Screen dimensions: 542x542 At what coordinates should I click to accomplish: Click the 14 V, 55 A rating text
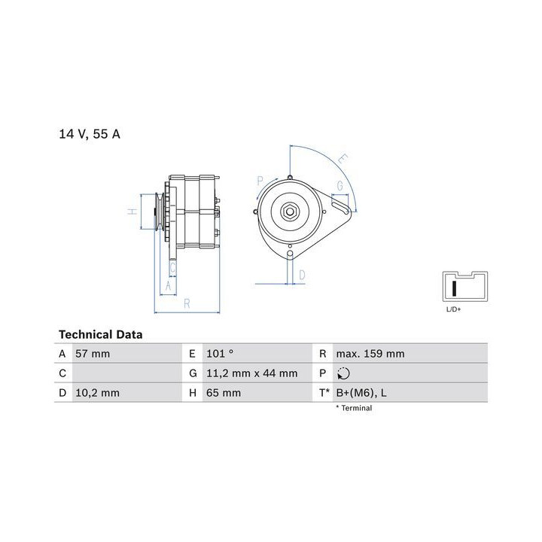tap(90, 134)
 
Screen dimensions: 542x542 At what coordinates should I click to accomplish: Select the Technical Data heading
tap(101, 334)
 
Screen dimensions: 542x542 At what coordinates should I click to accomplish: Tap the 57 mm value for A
tap(93, 354)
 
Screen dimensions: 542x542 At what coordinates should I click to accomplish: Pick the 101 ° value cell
tap(220, 354)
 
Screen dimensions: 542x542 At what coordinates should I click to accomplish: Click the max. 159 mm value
tap(370, 354)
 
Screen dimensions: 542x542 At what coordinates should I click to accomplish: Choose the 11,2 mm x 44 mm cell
tap(252, 373)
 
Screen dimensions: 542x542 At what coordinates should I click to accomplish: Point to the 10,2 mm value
tap(97, 393)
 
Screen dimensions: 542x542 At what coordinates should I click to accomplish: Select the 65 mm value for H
tap(224, 393)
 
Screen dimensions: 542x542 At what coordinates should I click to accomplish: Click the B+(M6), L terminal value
tap(361, 393)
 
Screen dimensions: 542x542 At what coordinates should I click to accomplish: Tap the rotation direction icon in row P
tap(343, 373)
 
